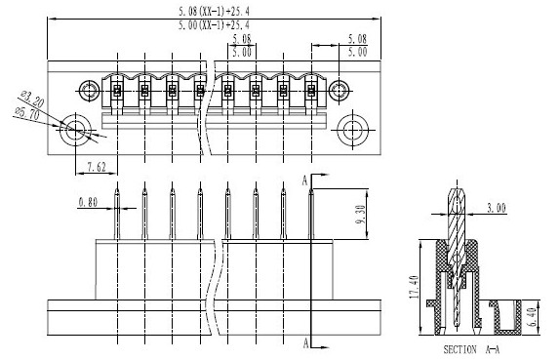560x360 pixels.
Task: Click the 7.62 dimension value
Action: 97,167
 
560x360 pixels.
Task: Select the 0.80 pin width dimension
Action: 88,203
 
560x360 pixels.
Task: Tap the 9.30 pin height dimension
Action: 360,215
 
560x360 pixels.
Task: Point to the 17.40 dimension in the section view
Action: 415,287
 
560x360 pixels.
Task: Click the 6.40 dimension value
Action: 532,317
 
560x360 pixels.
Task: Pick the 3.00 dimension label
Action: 497,208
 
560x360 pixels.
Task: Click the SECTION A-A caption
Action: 471,349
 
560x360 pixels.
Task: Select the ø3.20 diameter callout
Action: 32,99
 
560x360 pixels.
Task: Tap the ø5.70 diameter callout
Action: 26,113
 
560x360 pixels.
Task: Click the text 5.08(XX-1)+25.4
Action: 215,12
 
